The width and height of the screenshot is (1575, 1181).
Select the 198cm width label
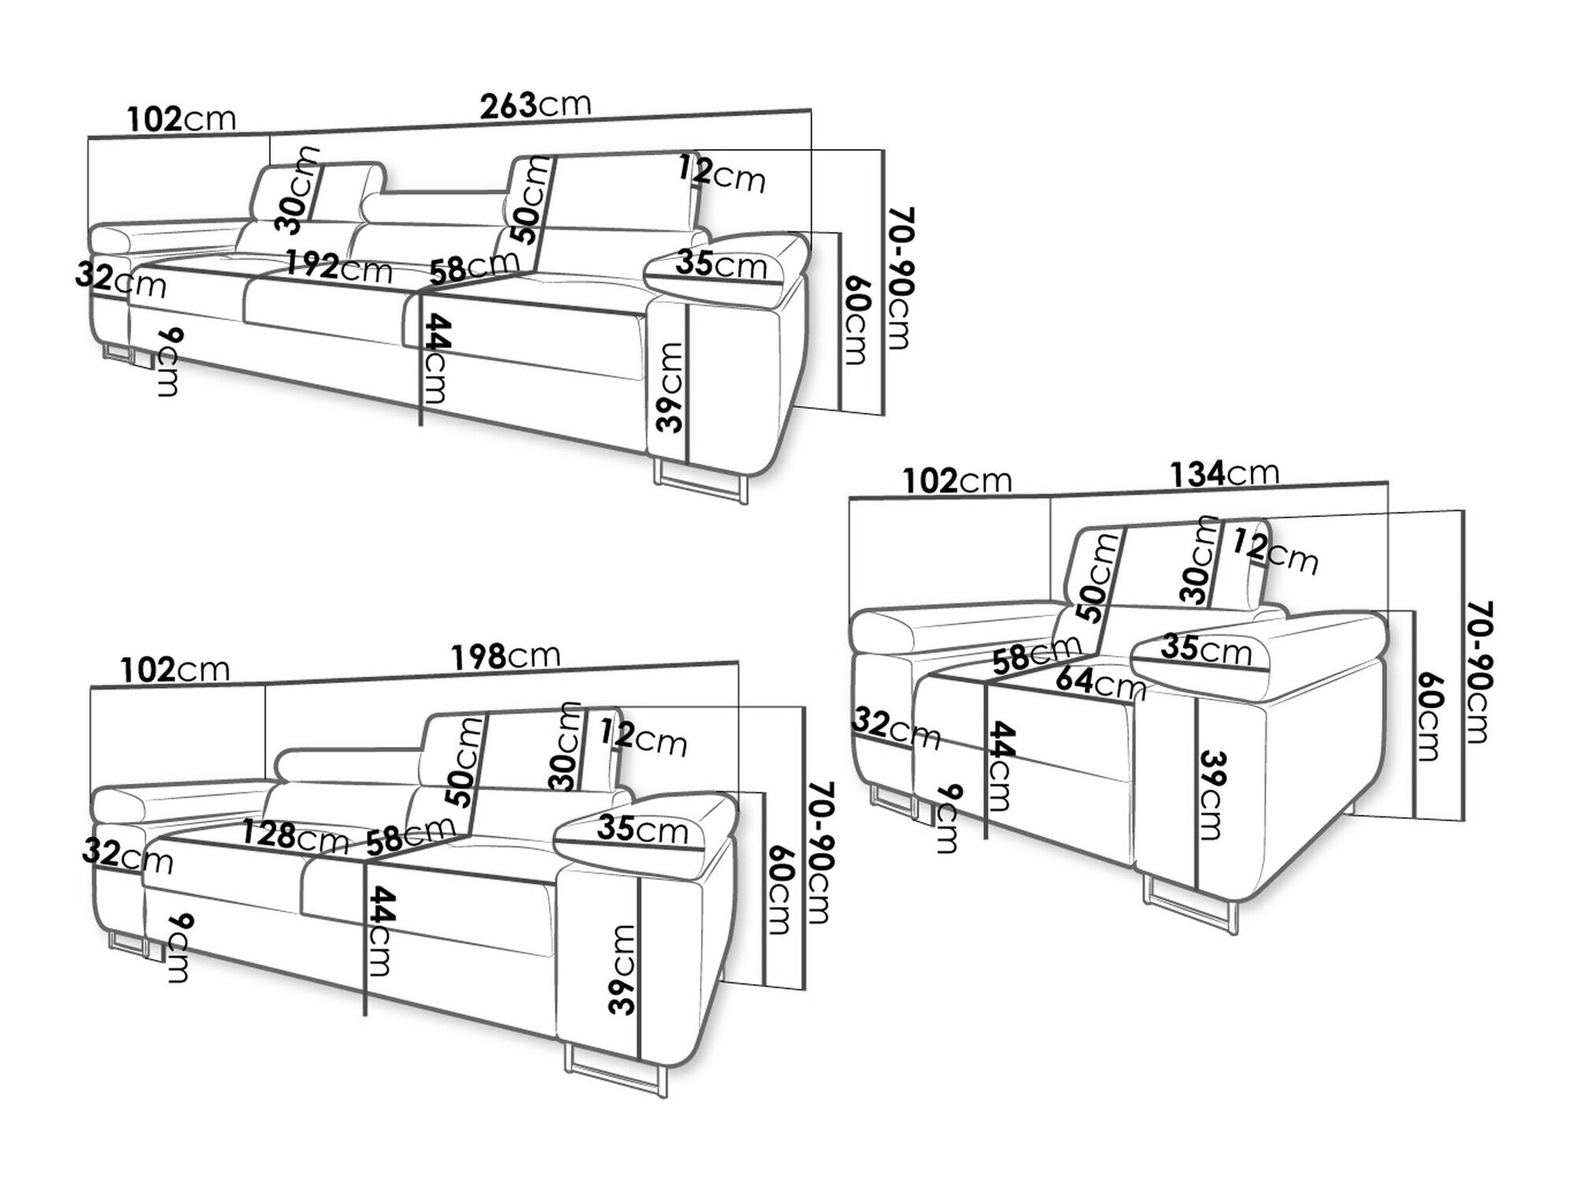coord(506,656)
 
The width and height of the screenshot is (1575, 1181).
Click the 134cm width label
coord(1224,474)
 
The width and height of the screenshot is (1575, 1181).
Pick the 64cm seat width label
coord(1099,682)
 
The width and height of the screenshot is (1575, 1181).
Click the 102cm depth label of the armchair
coord(956,480)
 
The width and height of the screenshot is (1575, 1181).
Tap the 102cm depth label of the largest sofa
coord(181,118)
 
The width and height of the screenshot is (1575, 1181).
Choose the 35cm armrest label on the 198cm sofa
coord(642,828)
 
